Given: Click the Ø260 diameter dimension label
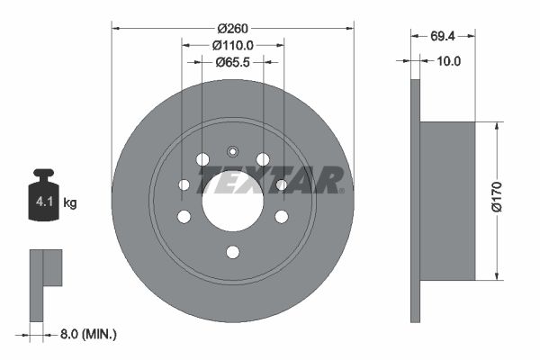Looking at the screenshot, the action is point(232,29).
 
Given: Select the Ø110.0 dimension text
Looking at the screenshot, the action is point(233,45).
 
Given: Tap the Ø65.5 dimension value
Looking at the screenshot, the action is point(232,62).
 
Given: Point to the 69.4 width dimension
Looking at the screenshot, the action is point(443,36).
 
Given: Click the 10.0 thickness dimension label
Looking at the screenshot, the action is point(448,61).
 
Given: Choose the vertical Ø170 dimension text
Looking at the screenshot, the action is point(498,197).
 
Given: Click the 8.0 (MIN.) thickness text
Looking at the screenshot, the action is point(88,334).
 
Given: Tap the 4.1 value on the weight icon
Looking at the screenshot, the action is point(44,202).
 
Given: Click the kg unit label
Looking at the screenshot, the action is point(70,202).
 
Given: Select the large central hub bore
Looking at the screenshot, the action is point(233,202).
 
